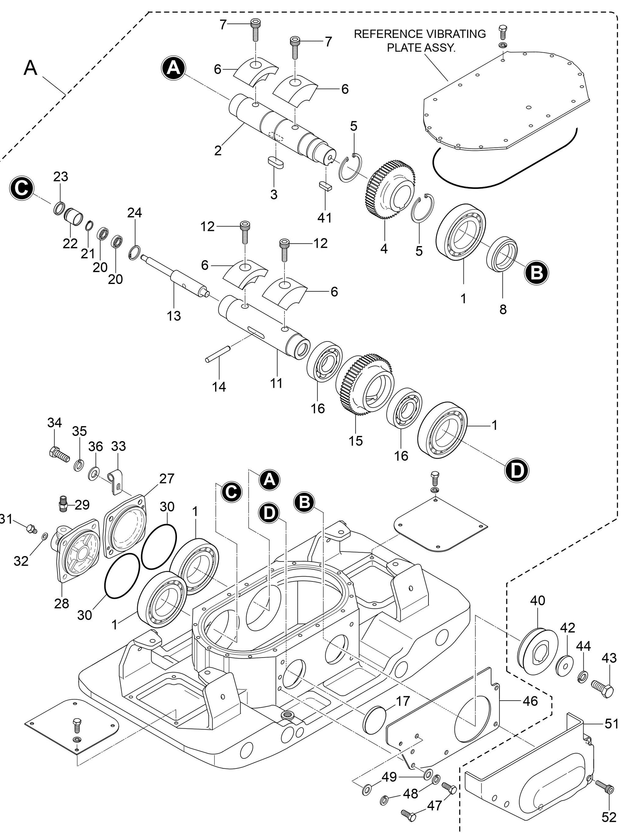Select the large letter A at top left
coord(31,68)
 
